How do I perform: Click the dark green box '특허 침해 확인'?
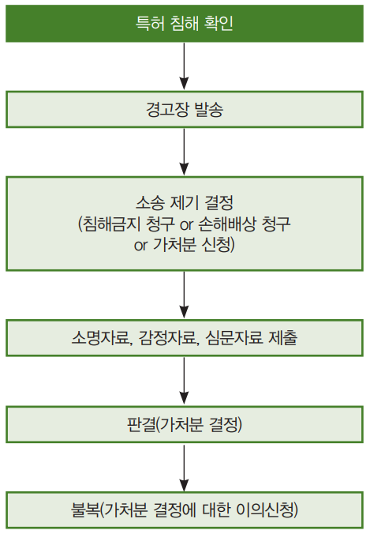coord(185,23)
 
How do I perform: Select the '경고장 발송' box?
coord(185,109)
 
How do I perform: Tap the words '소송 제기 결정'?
coord(185,203)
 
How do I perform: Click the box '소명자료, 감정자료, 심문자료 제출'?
coord(185,338)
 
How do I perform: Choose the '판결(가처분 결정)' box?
coord(185,424)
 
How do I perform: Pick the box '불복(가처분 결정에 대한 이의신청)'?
coord(185,510)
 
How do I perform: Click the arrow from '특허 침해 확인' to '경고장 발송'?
coord(184,66)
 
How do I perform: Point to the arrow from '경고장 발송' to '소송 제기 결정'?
coord(184,152)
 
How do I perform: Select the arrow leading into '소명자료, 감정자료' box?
coord(184,295)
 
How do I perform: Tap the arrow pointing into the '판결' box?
coord(184,381)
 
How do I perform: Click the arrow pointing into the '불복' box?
coord(184,468)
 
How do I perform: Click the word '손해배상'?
coord(227,224)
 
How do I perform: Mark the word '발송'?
coord(209,110)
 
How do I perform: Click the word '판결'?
coord(141,424)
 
